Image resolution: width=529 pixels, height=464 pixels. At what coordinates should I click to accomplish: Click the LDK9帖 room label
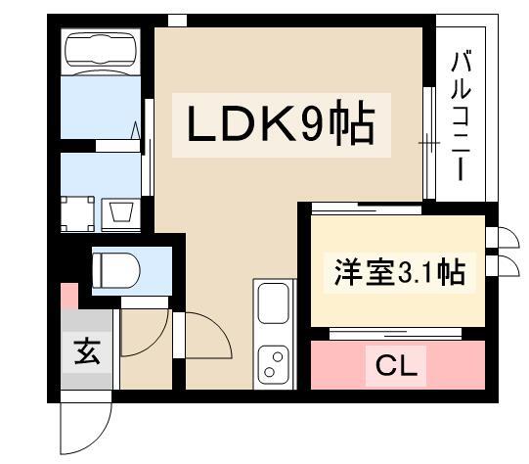click(281, 122)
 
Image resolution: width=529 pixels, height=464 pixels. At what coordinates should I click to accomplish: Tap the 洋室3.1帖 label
click(400, 272)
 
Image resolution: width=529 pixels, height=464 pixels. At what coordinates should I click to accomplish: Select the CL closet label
click(396, 365)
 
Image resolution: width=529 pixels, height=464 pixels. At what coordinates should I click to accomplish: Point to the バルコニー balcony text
click(461, 116)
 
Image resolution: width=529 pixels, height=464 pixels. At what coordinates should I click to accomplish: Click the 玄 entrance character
click(87, 351)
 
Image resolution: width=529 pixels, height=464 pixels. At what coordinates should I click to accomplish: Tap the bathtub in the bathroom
click(101, 50)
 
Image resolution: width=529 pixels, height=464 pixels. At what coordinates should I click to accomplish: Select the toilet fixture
click(116, 270)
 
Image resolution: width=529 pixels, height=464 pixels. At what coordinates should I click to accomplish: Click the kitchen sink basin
click(273, 302)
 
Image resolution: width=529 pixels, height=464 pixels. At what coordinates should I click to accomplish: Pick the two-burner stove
click(273, 365)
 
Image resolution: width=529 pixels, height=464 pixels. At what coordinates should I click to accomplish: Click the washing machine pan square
click(77, 213)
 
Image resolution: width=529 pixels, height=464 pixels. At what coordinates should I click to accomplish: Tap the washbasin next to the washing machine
click(121, 212)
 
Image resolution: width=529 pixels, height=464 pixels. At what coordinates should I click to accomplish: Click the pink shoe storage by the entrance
click(69, 296)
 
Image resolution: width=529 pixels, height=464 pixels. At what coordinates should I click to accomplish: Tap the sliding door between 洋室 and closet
click(395, 333)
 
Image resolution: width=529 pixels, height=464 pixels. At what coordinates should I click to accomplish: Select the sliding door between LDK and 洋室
click(367, 208)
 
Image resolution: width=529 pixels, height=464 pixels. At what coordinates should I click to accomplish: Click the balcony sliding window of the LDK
click(429, 143)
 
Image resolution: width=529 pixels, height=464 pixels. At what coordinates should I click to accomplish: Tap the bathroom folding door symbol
click(136, 130)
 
